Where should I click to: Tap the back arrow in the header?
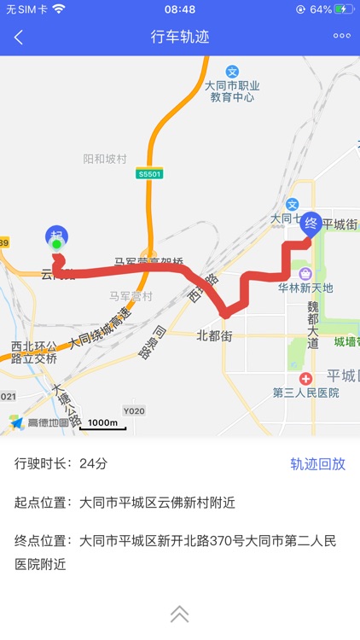19,37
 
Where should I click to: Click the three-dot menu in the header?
341,36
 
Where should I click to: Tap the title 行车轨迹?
180,37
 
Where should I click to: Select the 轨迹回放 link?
317,464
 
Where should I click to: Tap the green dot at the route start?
57,246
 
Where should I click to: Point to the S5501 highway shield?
149,173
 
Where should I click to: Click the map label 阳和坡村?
105,159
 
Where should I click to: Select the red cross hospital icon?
305,378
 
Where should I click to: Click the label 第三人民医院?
305,393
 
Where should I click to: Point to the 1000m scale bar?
102,424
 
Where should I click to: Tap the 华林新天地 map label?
305,288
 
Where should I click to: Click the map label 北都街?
214,335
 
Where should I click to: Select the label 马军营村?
131,296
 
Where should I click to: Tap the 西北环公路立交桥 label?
34,352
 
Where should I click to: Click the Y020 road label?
134,410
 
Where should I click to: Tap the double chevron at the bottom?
180,614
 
